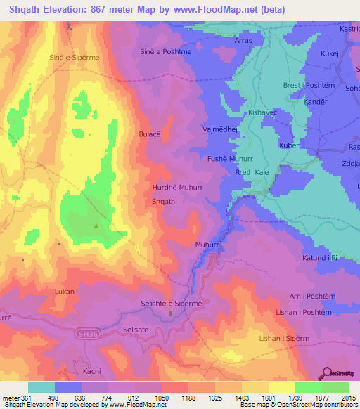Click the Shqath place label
tap(163, 201)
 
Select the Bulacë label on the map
tap(150, 134)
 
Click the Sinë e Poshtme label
tap(166, 51)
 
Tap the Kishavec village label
tap(264, 112)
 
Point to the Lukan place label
tap(64, 290)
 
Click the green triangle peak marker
tap(96, 226)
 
